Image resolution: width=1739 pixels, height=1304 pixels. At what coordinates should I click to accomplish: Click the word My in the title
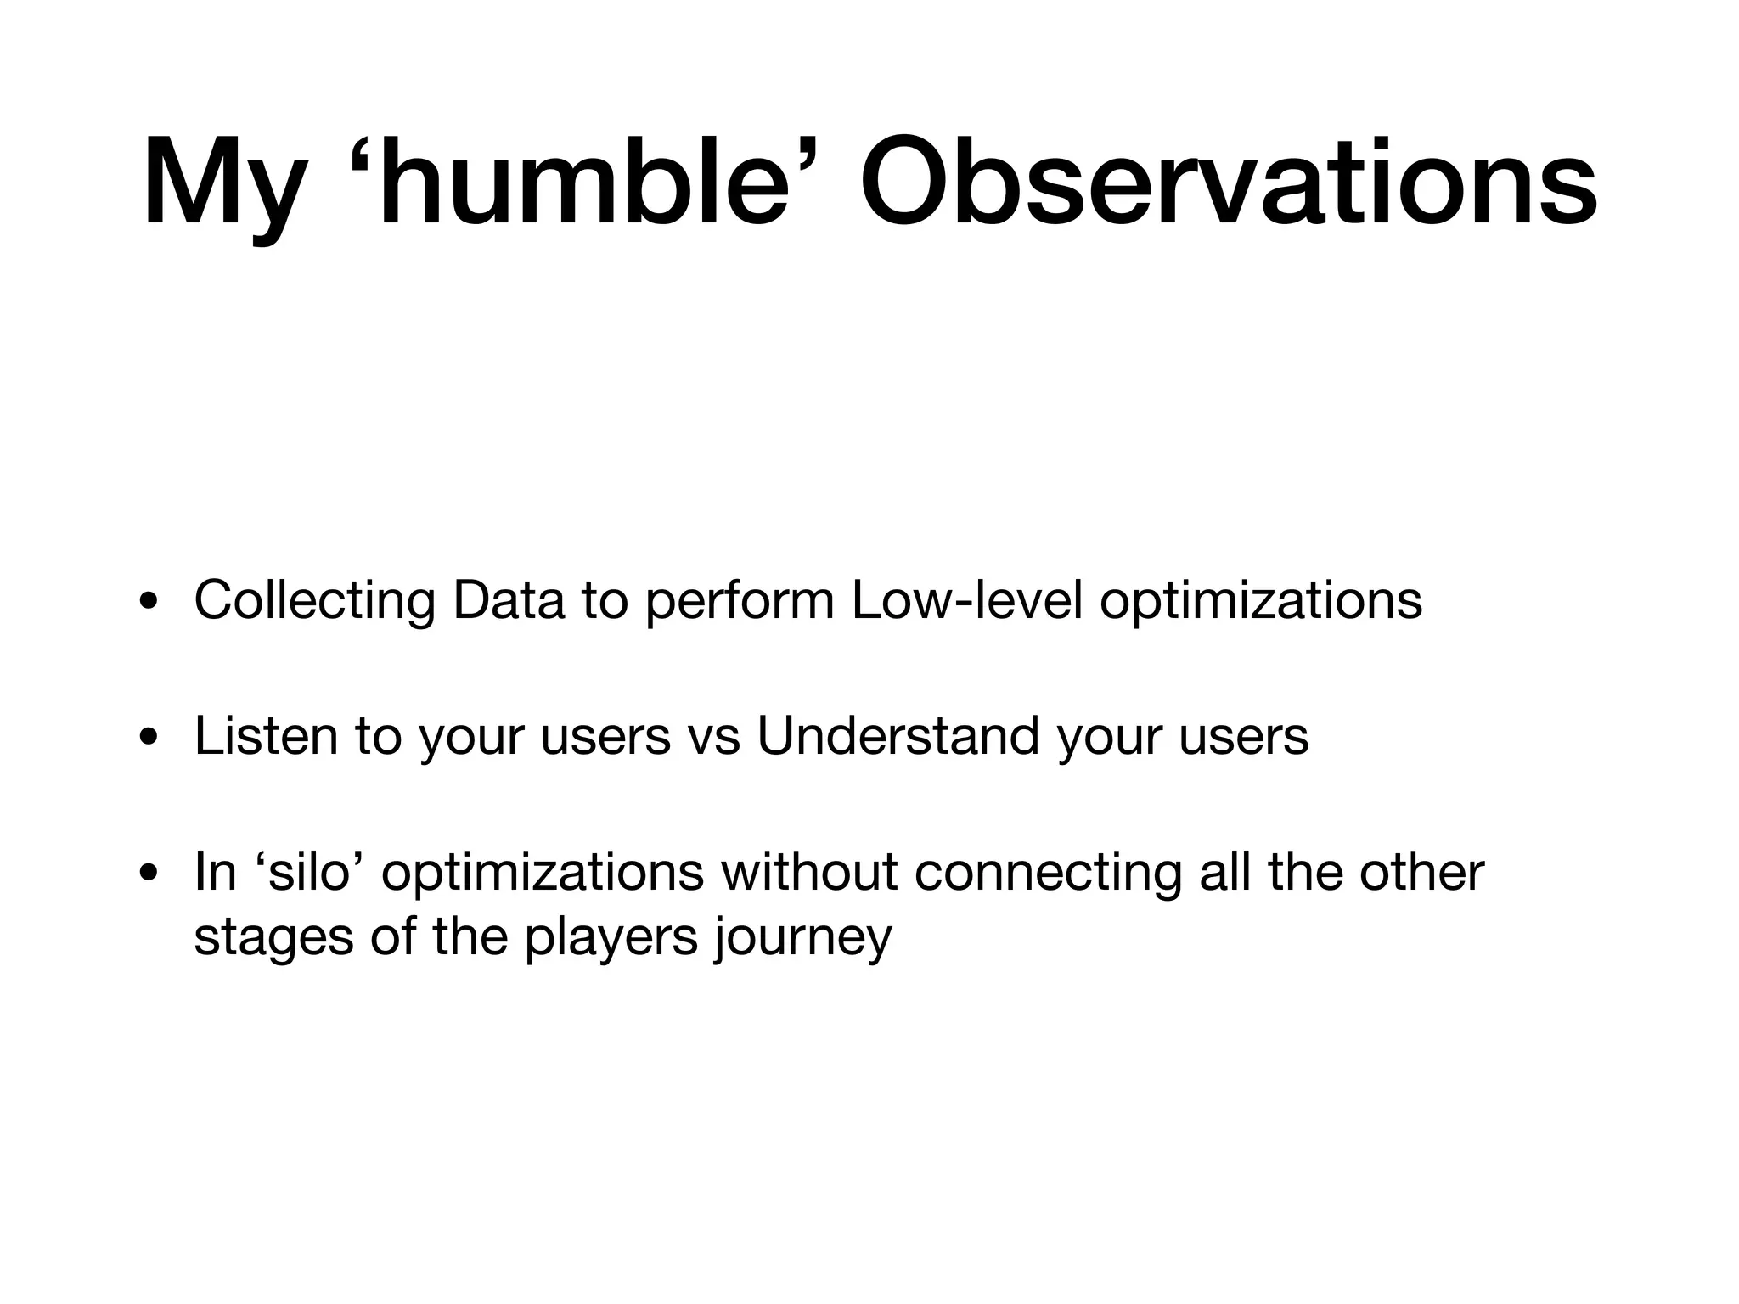click(x=222, y=185)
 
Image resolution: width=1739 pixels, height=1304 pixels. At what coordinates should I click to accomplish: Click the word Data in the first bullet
click(x=509, y=600)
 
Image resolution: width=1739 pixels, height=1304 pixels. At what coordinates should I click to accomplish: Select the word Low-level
click(x=967, y=600)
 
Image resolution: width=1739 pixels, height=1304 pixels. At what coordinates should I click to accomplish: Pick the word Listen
click(x=266, y=735)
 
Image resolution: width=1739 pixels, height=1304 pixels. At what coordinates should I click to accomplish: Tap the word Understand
click(x=898, y=735)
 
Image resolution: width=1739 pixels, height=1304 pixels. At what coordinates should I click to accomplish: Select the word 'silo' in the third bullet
click(x=309, y=872)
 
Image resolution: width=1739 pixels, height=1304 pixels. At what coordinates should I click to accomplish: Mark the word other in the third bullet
click(x=1421, y=872)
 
